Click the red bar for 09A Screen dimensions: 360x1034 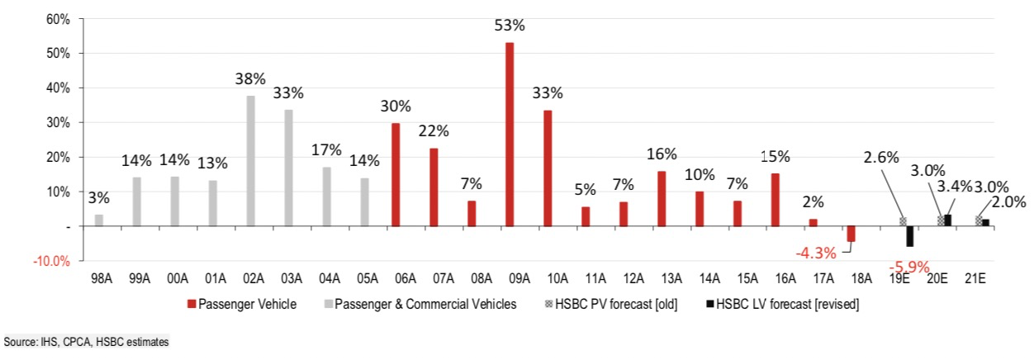pos(510,134)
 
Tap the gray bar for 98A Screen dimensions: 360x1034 pos(99,220)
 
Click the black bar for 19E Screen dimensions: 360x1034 pos(909,236)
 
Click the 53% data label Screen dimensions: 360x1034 pos(510,25)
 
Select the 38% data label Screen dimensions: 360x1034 pos(250,78)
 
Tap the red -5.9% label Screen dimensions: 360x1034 pos(910,267)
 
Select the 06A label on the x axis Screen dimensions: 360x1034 pos(396,278)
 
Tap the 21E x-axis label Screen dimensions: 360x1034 pos(985,278)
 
